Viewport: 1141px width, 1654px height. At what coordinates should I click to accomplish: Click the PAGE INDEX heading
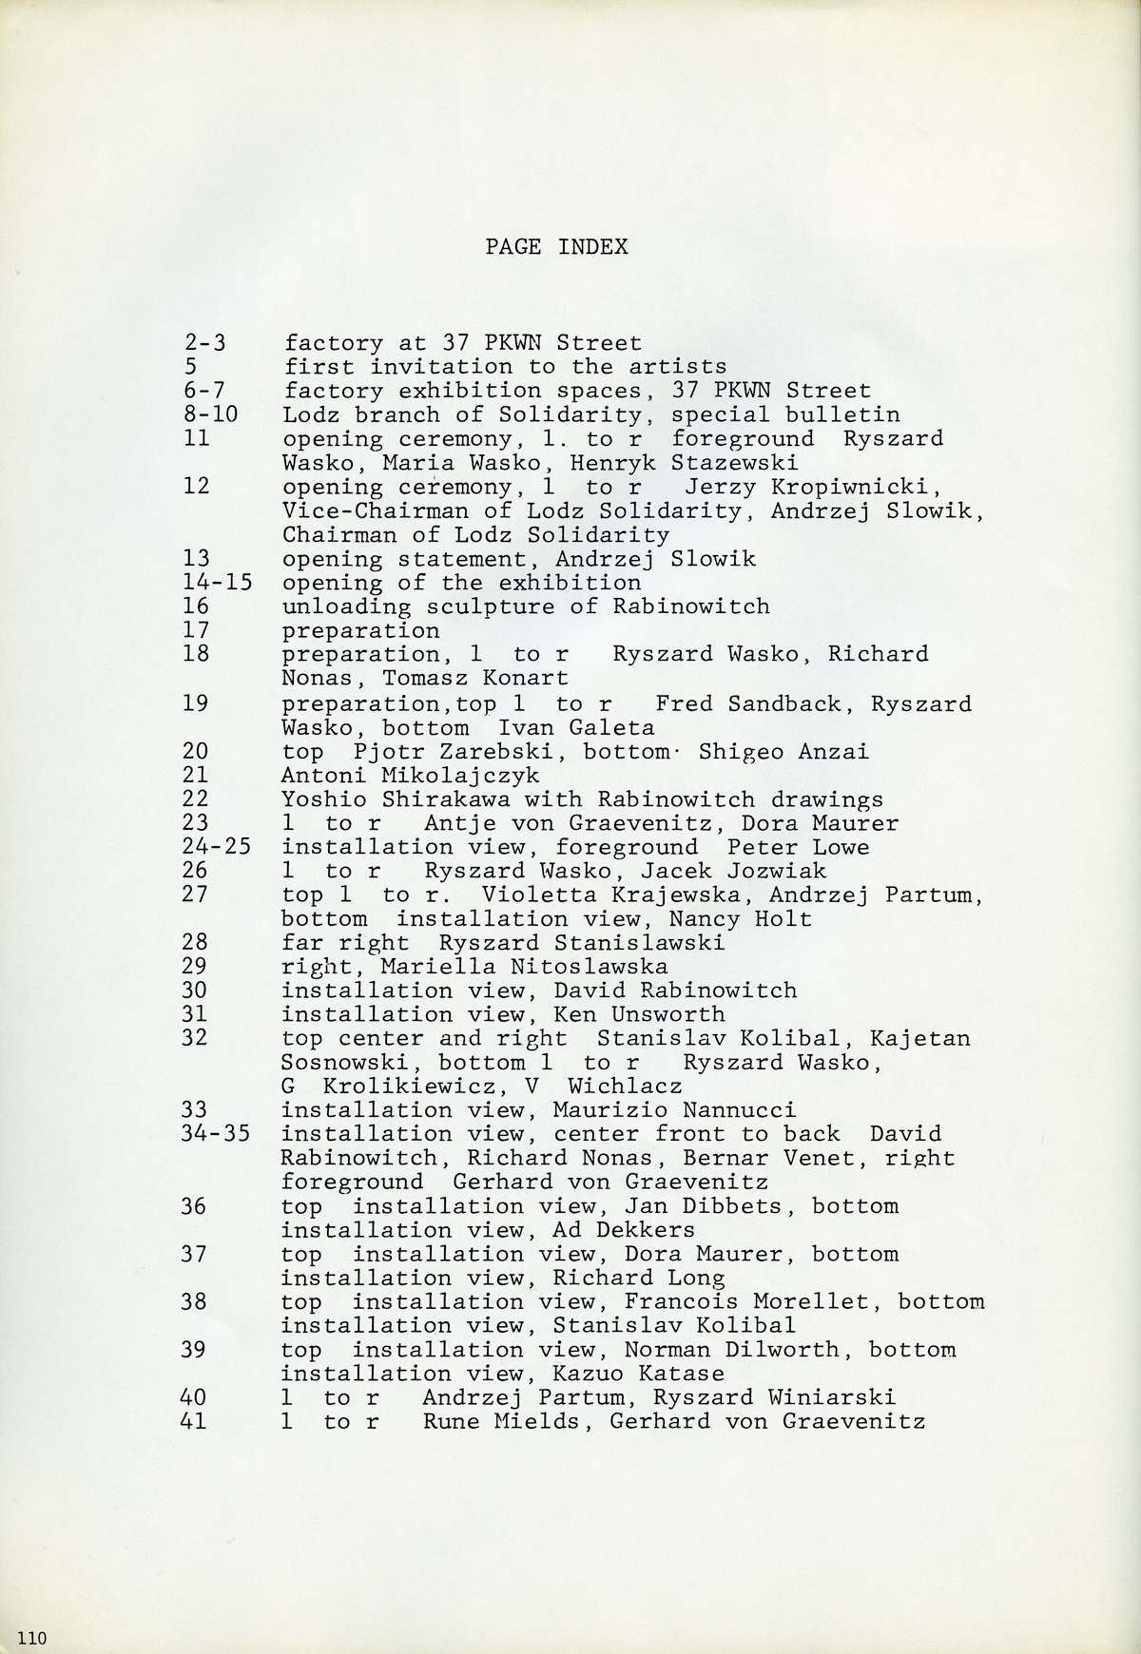point(556,247)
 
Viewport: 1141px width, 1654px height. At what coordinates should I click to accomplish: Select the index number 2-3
point(204,343)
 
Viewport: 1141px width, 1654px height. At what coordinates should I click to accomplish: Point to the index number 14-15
point(218,583)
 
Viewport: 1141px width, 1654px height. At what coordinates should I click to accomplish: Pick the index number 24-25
point(218,847)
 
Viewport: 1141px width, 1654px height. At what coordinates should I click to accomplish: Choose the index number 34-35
point(218,1134)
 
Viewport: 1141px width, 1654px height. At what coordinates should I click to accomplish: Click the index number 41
point(194,1422)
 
